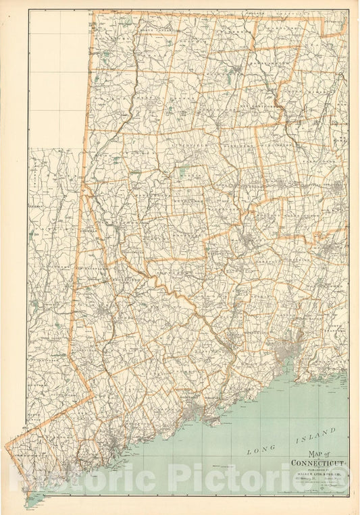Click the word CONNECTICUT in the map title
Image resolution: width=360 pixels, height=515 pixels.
pos(317,463)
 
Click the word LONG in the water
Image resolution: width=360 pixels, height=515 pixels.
pos(258,448)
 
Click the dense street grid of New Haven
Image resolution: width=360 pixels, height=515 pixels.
pos(292,352)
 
